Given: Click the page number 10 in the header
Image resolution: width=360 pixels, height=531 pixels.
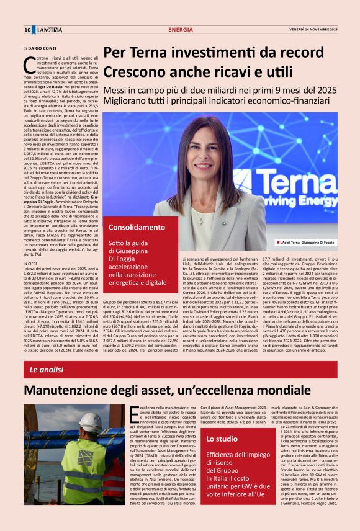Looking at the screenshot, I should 27,30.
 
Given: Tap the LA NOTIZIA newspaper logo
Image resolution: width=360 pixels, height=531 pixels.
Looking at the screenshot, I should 48,30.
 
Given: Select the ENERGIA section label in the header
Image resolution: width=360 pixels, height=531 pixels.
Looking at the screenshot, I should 180,30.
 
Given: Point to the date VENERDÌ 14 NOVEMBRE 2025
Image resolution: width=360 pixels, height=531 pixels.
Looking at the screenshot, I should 313,30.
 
